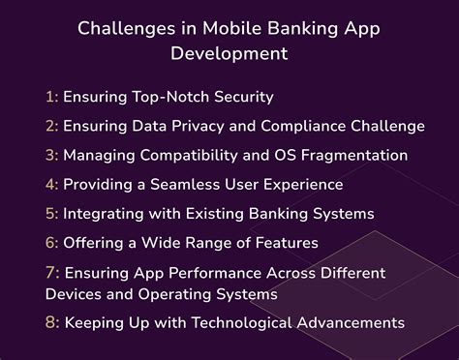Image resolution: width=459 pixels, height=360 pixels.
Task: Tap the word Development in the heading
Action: tap(229, 52)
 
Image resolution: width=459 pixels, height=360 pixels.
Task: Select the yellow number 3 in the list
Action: tap(50, 155)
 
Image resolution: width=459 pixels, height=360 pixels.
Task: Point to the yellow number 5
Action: tap(50, 213)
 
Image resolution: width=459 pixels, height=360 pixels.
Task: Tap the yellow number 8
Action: tap(51, 322)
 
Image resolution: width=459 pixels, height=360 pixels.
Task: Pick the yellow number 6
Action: tap(50, 242)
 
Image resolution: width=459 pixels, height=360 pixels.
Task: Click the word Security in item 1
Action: tap(241, 97)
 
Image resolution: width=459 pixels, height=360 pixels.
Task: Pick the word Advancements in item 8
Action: tap(348, 322)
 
